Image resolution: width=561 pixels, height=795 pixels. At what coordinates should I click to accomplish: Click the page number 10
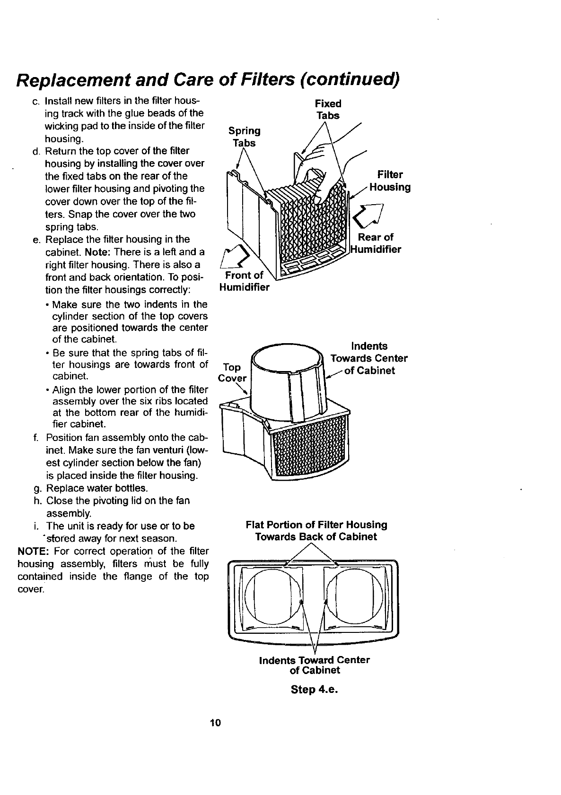(x=216, y=723)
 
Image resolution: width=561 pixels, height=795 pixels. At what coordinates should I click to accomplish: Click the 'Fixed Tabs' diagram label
(x=328, y=109)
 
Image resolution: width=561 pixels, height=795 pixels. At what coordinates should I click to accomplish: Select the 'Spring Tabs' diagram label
(x=244, y=137)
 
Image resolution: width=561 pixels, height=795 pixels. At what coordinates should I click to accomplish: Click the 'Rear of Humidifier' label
(x=376, y=243)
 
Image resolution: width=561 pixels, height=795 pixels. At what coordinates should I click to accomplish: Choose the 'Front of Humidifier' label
(x=244, y=281)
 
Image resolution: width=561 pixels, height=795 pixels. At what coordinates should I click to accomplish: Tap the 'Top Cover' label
(x=232, y=372)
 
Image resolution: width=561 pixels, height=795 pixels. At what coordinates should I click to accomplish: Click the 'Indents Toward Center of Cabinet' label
(x=315, y=665)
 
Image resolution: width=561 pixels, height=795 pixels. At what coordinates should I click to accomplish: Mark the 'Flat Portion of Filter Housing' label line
(x=316, y=525)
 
